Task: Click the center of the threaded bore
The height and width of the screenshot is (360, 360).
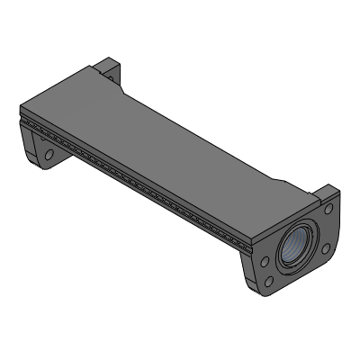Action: (x=298, y=245)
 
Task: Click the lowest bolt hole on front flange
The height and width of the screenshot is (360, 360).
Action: (x=269, y=283)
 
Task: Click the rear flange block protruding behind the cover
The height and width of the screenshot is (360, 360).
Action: (x=107, y=67)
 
